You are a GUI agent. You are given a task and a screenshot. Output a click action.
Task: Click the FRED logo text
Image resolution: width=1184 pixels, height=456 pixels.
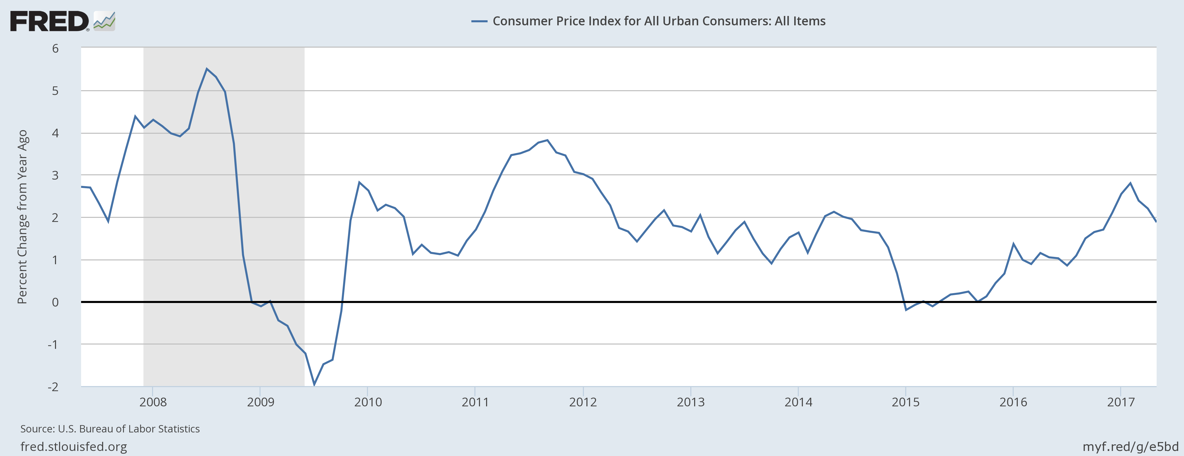tap(49, 22)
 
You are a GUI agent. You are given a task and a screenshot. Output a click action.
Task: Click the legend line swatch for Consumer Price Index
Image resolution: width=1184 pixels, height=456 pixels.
tap(479, 21)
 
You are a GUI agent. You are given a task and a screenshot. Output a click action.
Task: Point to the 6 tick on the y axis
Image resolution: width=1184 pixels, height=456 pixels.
tap(55, 48)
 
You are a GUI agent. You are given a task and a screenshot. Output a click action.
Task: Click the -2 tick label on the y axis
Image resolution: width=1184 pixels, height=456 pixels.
tap(53, 387)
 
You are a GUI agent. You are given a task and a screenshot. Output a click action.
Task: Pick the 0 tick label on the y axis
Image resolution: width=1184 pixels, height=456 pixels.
tap(55, 302)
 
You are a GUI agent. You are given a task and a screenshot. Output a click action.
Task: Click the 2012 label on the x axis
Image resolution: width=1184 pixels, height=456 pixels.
tap(583, 402)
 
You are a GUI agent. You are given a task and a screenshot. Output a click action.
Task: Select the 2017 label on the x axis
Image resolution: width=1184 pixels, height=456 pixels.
tap(1121, 402)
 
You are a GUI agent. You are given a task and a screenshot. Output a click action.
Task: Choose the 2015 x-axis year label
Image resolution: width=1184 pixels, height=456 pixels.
tap(905, 402)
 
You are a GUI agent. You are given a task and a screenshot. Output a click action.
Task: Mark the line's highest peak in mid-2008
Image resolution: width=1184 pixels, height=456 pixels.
tap(207, 69)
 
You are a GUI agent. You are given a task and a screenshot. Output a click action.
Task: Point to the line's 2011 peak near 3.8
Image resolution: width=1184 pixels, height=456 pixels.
tap(547, 140)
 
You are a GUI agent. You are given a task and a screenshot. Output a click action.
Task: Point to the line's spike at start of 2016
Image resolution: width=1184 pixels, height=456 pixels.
tap(1013, 244)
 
